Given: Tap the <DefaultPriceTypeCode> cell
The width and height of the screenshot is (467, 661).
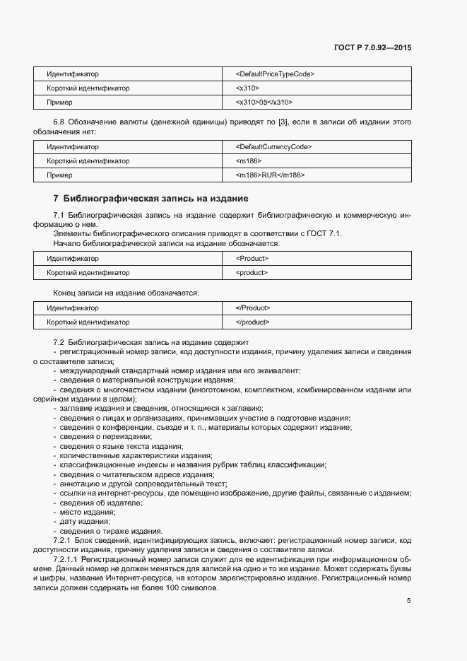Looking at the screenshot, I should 275,74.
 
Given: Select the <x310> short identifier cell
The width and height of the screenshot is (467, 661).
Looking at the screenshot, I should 248,88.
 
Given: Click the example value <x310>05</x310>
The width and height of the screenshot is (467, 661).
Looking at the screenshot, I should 264,103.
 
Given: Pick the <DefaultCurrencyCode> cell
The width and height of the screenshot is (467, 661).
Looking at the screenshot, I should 274,146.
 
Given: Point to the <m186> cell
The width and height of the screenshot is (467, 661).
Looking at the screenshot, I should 249,160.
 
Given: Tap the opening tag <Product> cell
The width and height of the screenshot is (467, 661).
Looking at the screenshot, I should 252,258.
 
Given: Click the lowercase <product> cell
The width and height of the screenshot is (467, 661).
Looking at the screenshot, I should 252,272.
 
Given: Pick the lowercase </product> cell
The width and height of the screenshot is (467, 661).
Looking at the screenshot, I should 252,322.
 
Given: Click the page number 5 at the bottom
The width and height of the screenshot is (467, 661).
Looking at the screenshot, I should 408,601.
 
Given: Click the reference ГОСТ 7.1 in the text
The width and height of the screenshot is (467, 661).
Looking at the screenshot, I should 325,234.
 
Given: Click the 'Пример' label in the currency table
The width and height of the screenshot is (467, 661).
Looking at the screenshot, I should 59,175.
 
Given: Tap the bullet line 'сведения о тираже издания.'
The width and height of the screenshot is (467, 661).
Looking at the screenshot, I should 111,531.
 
